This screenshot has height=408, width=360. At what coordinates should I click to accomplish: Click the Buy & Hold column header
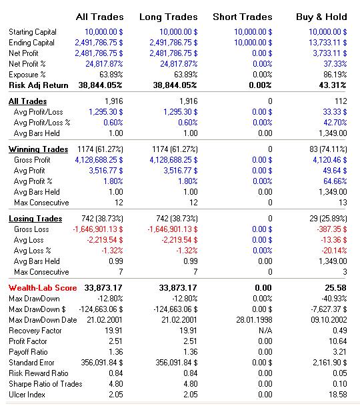[x=321, y=17]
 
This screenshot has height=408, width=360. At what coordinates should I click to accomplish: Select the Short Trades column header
[x=243, y=17]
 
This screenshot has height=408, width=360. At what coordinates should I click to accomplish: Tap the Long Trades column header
[x=169, y=17]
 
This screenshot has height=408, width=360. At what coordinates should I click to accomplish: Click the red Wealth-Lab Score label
[x=43, y=288]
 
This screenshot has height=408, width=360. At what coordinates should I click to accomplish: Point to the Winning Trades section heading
[x=39, y=149]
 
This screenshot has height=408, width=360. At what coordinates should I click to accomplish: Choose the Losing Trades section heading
[x=35, y=219]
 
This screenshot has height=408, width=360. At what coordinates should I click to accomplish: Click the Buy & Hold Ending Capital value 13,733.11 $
[x=328, y=43]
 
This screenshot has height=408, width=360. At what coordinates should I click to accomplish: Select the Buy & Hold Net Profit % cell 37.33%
[x=335, y=64]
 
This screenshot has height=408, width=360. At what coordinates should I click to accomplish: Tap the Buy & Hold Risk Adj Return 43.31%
[x=333, y=85]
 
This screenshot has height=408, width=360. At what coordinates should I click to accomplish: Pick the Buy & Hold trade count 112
[x=341, y=101]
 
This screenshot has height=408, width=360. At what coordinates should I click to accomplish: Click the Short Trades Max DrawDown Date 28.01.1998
[x=254, y=320]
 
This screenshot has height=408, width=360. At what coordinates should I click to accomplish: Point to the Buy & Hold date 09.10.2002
[x=329, y=320]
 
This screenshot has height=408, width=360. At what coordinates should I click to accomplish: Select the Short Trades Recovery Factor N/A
[x=265, y=331]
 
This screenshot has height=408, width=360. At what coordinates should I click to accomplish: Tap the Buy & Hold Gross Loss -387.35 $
[x=331, y=229]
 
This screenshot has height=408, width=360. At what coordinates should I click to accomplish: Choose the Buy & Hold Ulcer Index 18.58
[x=337, y=395]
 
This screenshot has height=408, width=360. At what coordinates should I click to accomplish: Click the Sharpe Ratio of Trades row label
[x=45, y=384]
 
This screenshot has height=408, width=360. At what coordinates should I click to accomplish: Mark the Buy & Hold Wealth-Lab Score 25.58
[x=335, y=288]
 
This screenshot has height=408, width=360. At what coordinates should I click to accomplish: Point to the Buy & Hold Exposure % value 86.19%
[x=335, y=75]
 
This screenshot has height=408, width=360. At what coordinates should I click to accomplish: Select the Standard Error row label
[x=31, y=363]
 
